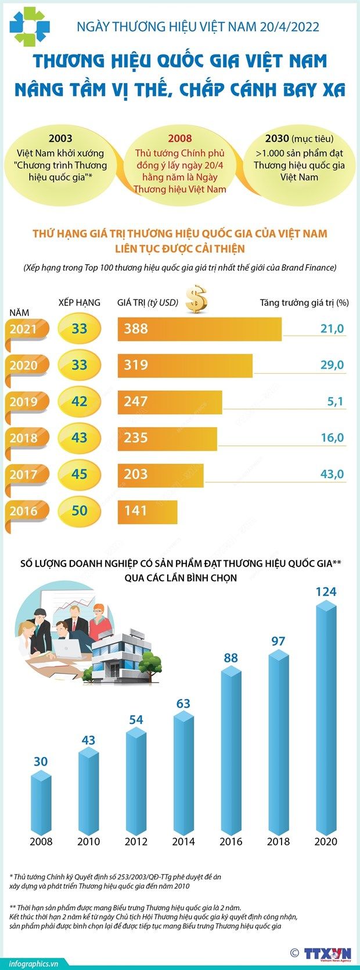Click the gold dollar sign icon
pos(196,299)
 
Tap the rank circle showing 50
pos(79,511)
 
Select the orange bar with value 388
pos(200,329)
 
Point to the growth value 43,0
pos(332,474)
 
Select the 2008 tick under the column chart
pos(41,841)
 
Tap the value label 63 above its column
pos(183,704)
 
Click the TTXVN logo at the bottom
pos(327,953)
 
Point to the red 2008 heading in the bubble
pos(179,138)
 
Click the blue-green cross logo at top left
pos(29,26)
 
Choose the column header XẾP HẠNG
pos(80,302)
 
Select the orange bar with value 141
pos(147,511)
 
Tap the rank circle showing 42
pos(79,402)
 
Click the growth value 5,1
pos(335,402)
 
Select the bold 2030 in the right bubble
pos(277,138)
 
